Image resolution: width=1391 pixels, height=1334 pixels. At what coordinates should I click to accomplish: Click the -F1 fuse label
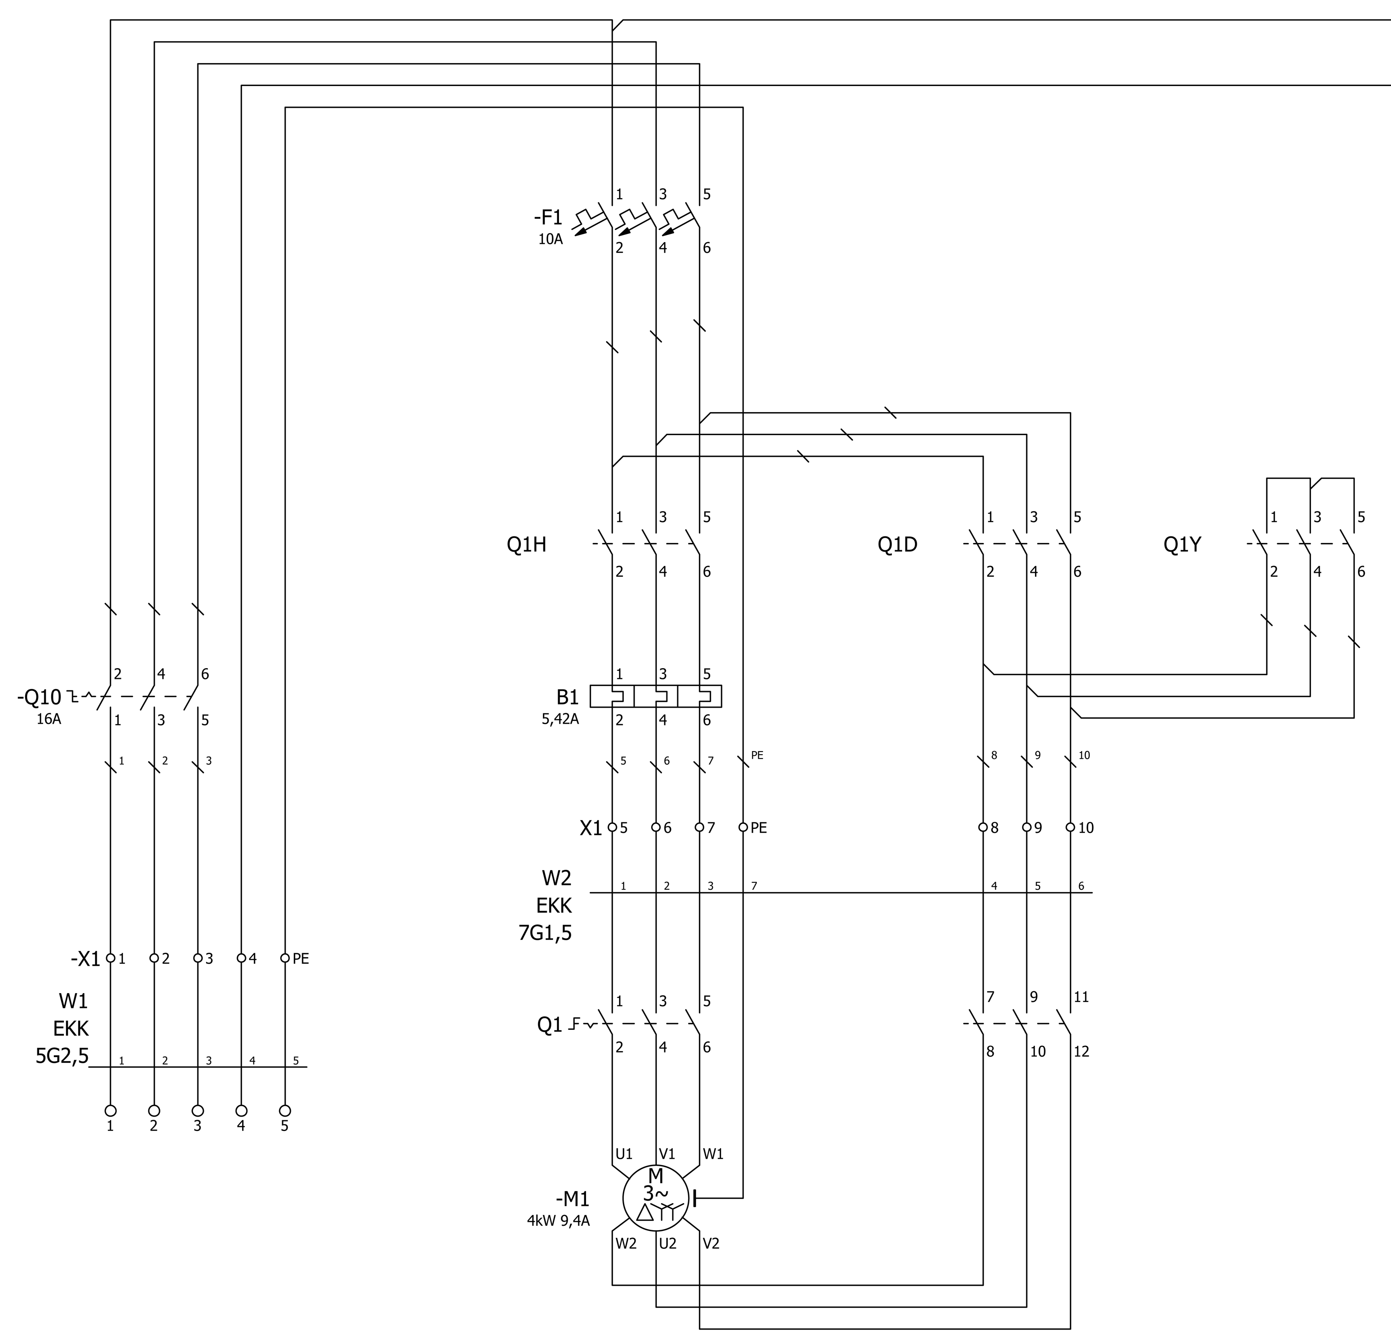547,218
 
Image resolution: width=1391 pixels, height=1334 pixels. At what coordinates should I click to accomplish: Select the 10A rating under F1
550,239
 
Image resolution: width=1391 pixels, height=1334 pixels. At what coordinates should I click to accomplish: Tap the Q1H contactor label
526,544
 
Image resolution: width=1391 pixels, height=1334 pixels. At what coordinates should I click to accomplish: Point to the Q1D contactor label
897,544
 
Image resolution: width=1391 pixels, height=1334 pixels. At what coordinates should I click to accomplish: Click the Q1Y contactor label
1182,544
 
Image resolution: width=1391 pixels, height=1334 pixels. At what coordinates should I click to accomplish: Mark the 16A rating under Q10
49,719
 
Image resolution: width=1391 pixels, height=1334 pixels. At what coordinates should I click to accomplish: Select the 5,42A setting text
560,719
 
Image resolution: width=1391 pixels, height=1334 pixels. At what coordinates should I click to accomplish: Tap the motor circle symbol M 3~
656,1198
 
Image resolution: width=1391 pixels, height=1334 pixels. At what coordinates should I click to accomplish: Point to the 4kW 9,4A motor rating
558,1221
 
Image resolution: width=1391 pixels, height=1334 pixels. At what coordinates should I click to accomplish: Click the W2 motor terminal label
626,1243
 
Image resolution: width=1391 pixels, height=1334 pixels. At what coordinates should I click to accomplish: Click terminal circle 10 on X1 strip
1070,827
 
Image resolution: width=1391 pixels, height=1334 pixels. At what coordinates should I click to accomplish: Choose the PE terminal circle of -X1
285,958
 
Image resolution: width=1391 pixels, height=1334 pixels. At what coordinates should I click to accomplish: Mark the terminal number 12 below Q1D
1081,1051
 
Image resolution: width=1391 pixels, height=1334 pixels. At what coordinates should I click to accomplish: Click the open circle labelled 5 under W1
285,1111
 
